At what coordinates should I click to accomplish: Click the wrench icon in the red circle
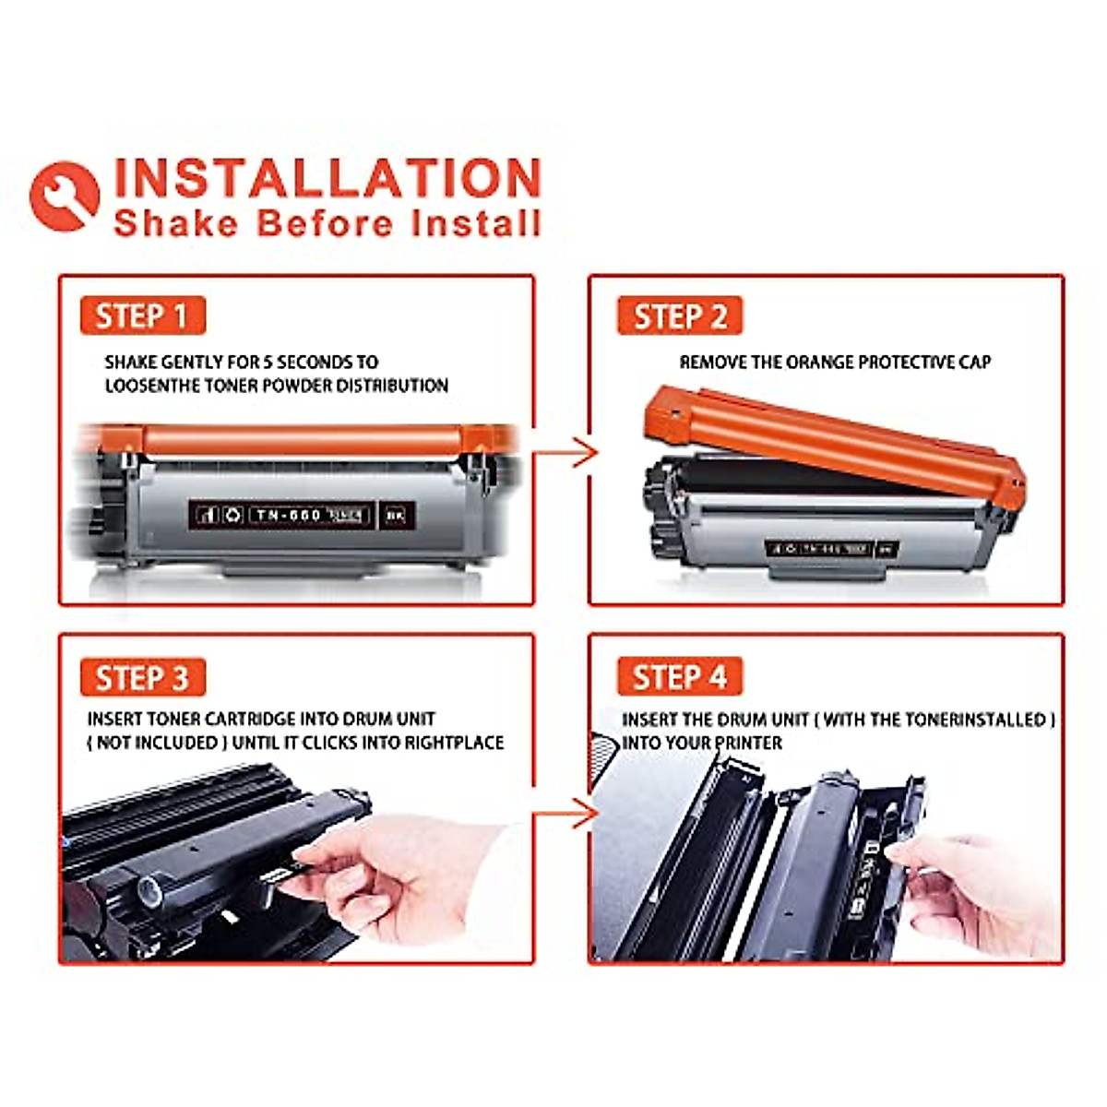click(65, 196)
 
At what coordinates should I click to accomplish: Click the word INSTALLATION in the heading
click(327, 179)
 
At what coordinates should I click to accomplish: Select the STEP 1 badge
click(142, 316)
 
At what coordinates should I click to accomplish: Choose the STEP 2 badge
click(680, 316)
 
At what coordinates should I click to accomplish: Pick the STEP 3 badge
click(142, 678)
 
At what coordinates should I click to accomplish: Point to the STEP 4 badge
click(680, 678)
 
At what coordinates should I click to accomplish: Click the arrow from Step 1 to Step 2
click(567, 453)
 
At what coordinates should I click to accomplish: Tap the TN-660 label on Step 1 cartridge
click(288, 515)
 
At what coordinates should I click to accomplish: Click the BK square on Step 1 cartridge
click(396, 515)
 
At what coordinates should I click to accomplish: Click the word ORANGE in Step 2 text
click(820, 363)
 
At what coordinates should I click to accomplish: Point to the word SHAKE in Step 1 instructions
click(131, 363)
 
